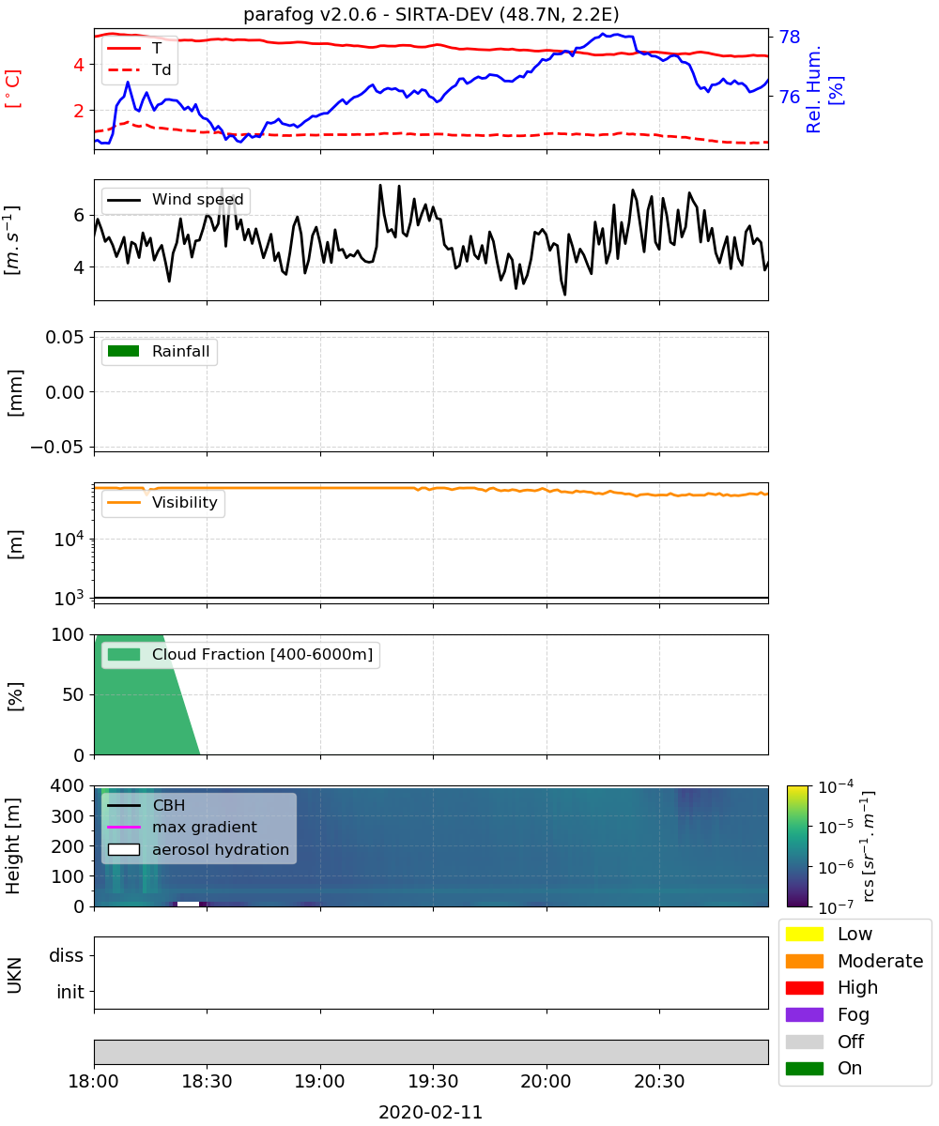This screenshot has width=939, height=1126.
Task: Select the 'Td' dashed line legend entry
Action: point(139,69)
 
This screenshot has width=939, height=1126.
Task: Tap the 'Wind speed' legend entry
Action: point(176,200)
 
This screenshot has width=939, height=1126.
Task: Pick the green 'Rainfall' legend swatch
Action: point(124,351)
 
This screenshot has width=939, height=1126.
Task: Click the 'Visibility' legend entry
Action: point(162,502)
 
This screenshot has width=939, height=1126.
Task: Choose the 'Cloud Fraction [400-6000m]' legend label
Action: point(262,654)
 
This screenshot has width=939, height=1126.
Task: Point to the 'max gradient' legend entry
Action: point(182,827)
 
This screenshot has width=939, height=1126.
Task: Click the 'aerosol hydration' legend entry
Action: point(198,849)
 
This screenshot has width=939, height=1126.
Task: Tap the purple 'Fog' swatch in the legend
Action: point(804,1014)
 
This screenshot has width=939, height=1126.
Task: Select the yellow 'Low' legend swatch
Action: point(804,934)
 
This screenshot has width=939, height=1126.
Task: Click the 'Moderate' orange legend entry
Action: point(854,961)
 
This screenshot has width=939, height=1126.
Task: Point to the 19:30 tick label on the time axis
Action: point(433,1081)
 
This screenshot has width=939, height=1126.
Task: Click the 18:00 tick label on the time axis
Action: point(93,1081)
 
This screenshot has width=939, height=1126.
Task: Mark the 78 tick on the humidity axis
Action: point(790,37)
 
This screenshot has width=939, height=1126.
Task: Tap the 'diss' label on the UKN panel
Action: point(67,955)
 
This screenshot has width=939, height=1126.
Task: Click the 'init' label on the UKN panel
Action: point(70,992)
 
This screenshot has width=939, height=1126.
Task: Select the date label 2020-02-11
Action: point(431,1112)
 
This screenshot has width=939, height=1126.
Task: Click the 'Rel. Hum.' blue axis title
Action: point(813,89)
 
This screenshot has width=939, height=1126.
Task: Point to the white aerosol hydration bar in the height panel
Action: point(189,904)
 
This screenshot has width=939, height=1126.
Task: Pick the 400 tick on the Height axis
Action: point(68,785)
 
